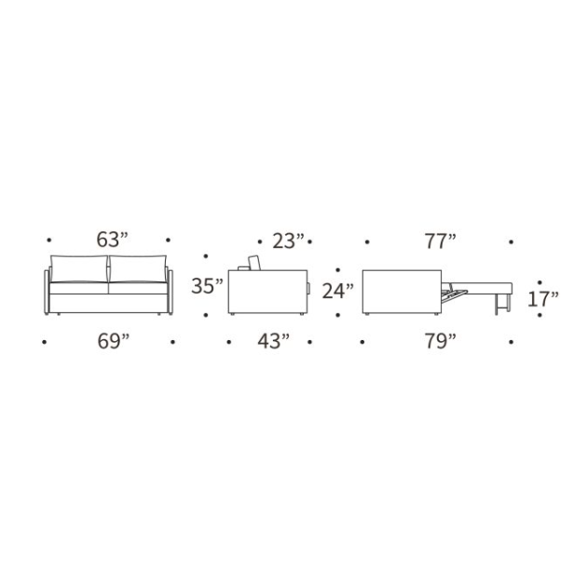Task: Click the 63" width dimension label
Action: click(113, 239)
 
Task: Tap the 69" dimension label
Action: click(113, 342)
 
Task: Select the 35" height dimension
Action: click(207, 286)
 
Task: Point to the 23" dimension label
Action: click(288, 241)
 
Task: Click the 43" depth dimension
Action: click(273, 342)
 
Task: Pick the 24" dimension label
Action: click(338, 292)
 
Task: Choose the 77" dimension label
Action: click(441, 241)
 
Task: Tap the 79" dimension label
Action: click(441, 342)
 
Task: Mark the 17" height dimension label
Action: click(543, 299)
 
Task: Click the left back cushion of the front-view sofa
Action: click(79, 269)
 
